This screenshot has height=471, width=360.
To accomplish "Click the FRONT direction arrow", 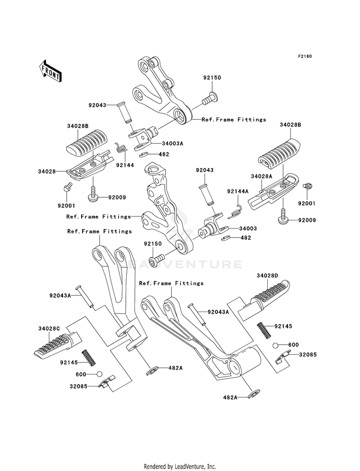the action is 50,71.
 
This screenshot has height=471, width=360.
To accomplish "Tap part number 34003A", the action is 172,143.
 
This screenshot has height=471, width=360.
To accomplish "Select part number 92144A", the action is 238,191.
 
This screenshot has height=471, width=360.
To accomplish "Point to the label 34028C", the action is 49,328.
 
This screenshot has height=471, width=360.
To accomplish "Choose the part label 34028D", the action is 267,276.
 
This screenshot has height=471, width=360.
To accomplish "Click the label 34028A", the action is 262,176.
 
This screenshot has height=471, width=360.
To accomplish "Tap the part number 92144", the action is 125,165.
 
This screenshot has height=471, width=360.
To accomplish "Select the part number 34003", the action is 248,228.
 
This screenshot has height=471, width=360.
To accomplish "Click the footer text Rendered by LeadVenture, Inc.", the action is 180,466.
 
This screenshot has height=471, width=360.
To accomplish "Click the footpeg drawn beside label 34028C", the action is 57,345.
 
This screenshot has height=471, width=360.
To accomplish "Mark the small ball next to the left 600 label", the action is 99,374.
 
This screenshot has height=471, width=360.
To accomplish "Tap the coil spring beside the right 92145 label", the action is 263,330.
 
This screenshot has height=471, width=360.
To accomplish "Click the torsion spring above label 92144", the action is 121,148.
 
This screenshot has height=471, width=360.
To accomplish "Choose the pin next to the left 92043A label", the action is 85,297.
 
